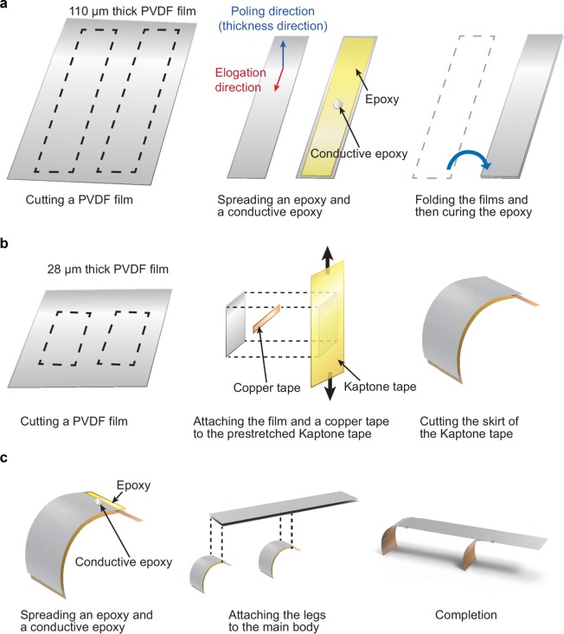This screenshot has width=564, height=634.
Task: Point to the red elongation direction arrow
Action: (x=279, y=80)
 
